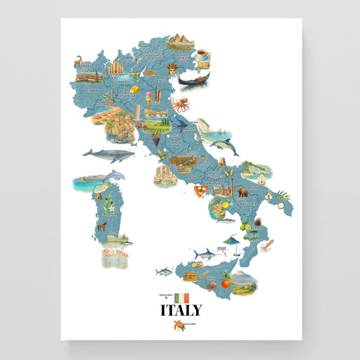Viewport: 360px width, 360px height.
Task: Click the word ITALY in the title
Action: click(181, 310)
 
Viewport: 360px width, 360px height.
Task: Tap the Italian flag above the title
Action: click(182, 297)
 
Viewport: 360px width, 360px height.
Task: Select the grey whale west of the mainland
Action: click(103, 154)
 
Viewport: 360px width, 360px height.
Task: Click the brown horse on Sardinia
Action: click(103, 226)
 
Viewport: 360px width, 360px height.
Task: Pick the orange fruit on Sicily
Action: click(226, 283)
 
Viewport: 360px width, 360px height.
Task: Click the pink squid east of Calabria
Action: click(267, 245)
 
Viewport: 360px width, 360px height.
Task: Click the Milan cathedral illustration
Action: click(115, 67)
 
